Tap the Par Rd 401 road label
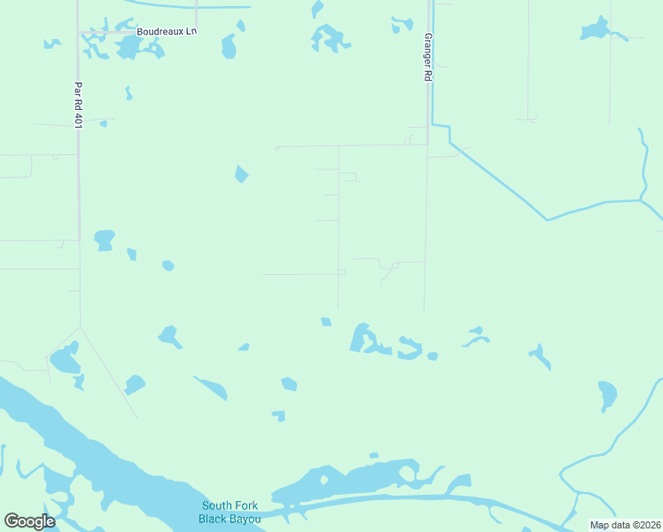pyautogui.click(x=78, y=106)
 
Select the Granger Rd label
pyautogui.click(x=427, y=59)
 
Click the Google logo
pyautogui.click(x=29, y=521)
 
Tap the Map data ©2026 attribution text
pyautogui.click(x=625, y=525)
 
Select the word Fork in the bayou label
pyautogui.click(x=246, y=505)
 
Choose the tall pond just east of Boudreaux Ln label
pyautogui.click(x=230, y=45)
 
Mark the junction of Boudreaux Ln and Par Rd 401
pyautogui.click(x=79, y=33)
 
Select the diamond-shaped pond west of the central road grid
pyautogui.click(x=241, y=174)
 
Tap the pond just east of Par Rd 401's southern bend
pyautogui.click(x=105, y=239)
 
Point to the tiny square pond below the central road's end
pyautogui.click(x=326, y=321)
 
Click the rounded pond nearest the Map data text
pyautogui.click(x=607, y=394)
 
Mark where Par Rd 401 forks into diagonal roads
pyautogui.click(x=81, y=327)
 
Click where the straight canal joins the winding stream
pyautogui.click(x=641, y=200)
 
